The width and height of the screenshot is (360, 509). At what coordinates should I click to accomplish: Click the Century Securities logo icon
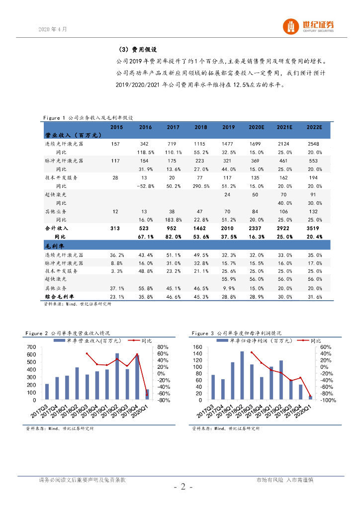coord(291,26)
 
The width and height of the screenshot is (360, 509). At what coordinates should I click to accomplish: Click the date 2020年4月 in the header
coord(52,29)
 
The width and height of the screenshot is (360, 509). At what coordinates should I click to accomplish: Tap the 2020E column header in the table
coord(257,128)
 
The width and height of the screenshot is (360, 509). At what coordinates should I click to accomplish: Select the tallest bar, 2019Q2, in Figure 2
coord(117,376)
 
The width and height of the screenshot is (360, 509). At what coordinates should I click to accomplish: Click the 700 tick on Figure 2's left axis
coord(31,347)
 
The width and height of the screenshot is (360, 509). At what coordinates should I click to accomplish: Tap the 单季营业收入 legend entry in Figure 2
coord(90,340)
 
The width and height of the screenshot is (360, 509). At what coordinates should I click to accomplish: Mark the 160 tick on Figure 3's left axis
coord(197,347)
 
